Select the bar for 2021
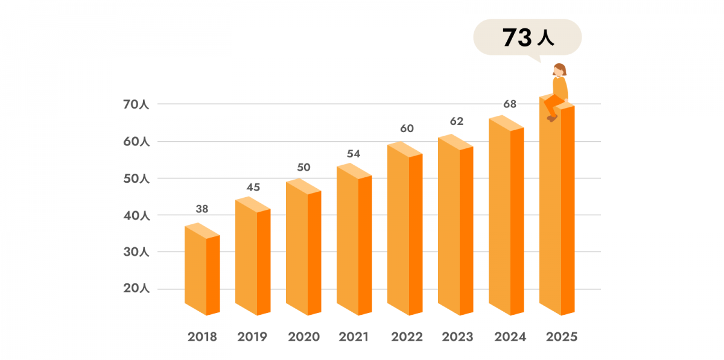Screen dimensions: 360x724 (354, 241)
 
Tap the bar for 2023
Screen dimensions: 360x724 (456, 229)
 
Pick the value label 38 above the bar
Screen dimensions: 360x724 (202, 209)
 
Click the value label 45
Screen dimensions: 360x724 (253, 187)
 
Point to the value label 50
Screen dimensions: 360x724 (303, 167)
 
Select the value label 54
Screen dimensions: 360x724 (354, 154)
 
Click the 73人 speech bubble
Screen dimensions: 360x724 (527, 38)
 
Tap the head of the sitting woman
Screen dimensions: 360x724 (560, 69)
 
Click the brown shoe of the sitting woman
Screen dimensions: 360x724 (551, 118)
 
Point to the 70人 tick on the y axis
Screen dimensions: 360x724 (136, 104)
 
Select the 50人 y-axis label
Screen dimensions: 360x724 (136, 178)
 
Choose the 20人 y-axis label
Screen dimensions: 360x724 (136, 289)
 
